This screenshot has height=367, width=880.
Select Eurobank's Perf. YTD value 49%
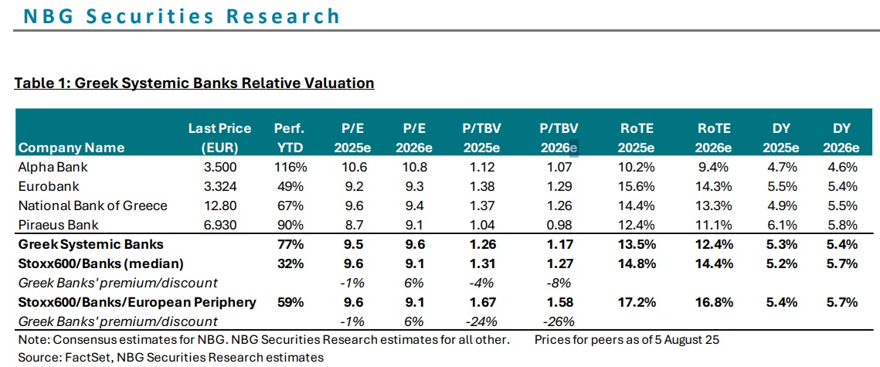point(291,186)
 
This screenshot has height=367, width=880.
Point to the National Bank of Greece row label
point(92,206)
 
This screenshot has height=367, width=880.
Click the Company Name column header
point(71,148)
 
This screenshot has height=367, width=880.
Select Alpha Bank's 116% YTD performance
point(291,166)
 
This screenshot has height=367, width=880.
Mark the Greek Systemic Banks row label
point(90,244)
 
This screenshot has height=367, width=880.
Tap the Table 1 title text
point(194,83)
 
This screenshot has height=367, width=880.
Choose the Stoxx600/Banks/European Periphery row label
point(136,302)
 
